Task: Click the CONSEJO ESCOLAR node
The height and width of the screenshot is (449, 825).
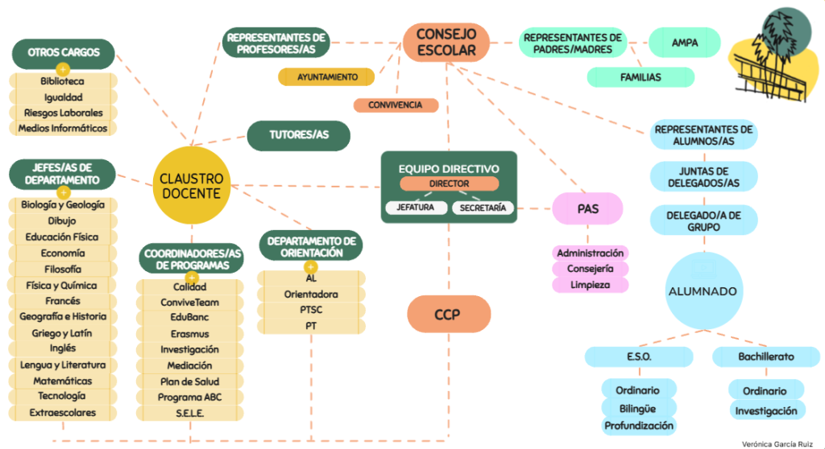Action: [446, 42]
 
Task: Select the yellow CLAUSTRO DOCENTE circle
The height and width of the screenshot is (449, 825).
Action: [192, 186]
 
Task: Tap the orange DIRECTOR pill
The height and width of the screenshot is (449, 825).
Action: [449, 183]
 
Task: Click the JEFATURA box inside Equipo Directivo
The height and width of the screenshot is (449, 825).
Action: [416, 208]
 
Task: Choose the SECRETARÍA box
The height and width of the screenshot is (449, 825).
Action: [483, 208]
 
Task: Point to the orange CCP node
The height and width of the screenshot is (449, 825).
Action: [448, 314]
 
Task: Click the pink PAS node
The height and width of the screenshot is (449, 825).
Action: [587, 208]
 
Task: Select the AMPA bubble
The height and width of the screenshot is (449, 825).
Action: [685, 43]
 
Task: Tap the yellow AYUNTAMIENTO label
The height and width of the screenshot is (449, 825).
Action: [326, 76]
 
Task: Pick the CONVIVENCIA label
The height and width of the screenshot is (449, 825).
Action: [396, 105]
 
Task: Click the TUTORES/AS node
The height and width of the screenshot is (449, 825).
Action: [298, 136]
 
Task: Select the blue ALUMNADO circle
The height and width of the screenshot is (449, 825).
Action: [704, 290]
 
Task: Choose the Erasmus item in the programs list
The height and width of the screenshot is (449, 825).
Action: [190, 334]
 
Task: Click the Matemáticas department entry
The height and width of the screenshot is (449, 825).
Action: [63, 381]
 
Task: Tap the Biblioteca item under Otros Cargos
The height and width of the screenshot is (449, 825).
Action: [63, 81]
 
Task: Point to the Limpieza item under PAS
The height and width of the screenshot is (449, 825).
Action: [590, 285]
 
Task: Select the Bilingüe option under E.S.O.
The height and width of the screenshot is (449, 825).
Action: [638, 409]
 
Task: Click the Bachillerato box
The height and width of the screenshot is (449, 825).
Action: [766, 356]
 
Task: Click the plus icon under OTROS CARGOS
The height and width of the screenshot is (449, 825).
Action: [63, 69]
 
